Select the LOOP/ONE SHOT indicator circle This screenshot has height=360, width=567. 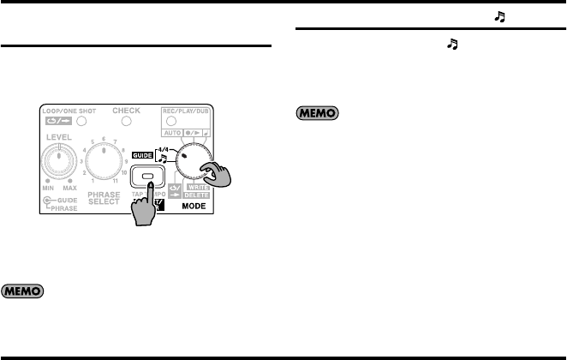(82, 122)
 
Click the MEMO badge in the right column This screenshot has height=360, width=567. (318, 112)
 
